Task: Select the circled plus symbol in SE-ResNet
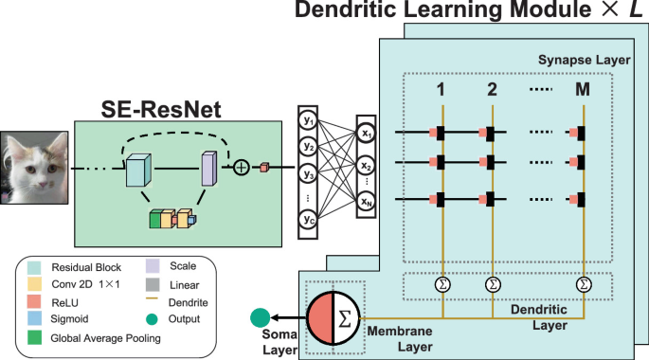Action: (x=242, y=168)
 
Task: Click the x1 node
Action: (x=368, y=135)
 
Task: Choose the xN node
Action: (x=368, y=201)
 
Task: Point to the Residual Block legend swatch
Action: (x=35, y=267)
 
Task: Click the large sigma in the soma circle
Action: (x=343, y=318)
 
